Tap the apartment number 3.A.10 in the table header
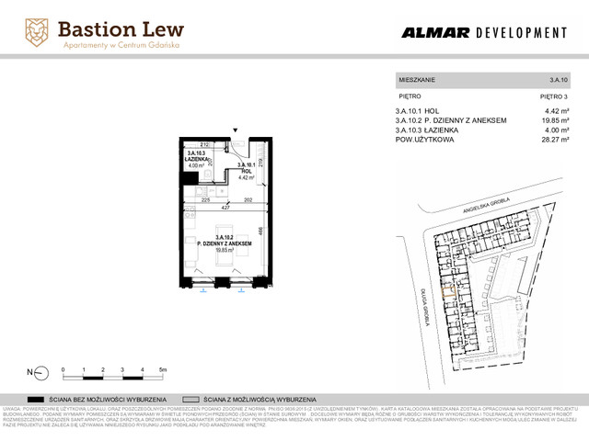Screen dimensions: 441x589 click(559, 81)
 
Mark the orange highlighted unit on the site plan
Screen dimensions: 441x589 click(448, 292)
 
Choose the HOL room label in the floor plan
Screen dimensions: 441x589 click(246, 171)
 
